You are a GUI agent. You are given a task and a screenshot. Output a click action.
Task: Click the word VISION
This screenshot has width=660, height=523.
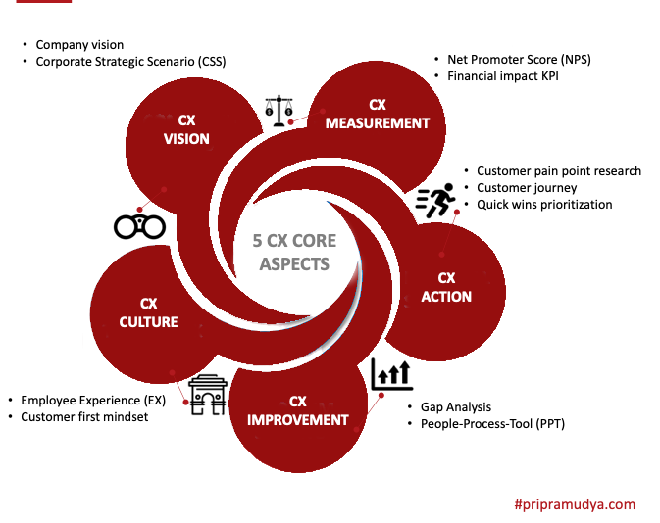point(186,139)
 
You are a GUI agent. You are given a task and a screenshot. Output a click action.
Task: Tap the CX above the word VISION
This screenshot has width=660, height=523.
point(186,120)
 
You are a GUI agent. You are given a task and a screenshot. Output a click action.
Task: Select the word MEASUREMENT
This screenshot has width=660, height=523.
point(378,123)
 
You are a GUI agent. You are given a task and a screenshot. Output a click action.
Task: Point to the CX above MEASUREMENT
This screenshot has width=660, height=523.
point(378,104)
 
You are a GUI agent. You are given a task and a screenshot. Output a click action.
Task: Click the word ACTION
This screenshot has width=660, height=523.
point(446,297)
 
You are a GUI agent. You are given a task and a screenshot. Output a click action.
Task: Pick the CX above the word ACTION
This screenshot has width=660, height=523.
point(446,277)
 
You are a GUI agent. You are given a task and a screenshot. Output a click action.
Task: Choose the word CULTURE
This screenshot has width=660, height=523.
point(148,321)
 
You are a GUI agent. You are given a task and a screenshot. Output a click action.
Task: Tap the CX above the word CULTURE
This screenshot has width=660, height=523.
point(148,303)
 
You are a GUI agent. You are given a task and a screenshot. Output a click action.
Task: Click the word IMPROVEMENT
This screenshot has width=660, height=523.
point(298,420)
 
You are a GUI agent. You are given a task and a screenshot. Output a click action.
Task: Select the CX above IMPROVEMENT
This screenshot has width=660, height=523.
point(298,401)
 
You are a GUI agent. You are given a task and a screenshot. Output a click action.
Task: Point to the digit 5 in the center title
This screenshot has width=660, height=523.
point(258,241)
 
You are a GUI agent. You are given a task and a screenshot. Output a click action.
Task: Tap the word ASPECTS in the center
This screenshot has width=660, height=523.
point(294,264)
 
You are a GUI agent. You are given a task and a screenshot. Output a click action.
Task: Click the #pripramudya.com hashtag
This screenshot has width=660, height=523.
point(574,505)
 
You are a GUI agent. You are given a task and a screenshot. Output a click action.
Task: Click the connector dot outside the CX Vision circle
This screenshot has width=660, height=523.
point(140,209)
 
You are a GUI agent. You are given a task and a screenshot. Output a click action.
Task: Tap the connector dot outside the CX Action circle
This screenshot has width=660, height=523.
point(456,212)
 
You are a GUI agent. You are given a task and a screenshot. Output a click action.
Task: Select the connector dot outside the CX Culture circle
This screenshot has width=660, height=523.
point(185,402)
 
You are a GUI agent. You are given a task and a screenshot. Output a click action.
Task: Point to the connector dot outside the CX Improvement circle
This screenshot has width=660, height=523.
point(381,396)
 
